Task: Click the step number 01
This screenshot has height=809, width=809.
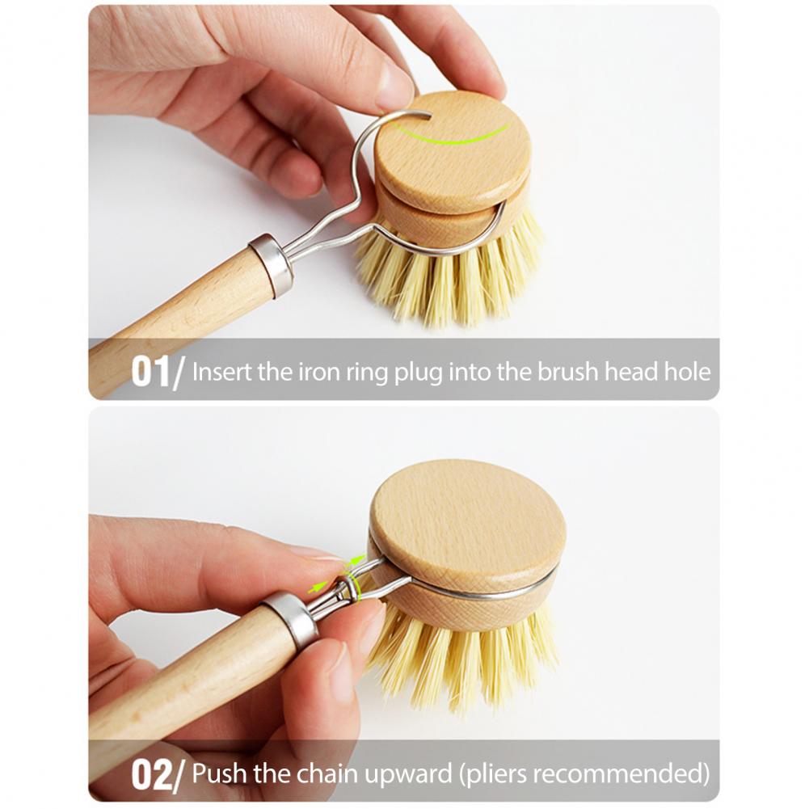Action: [150, 372]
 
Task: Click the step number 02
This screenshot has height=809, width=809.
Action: [150, 773]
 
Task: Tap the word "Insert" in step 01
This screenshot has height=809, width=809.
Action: [222, 372]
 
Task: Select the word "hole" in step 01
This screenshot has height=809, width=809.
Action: [689, 371]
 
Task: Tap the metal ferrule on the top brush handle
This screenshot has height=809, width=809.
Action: [270, 264]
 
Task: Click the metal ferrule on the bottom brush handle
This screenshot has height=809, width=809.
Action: [289, 621]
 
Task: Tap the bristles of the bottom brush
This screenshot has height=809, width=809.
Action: [465, 655]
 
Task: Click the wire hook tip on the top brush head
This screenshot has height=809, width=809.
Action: [429, 117]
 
